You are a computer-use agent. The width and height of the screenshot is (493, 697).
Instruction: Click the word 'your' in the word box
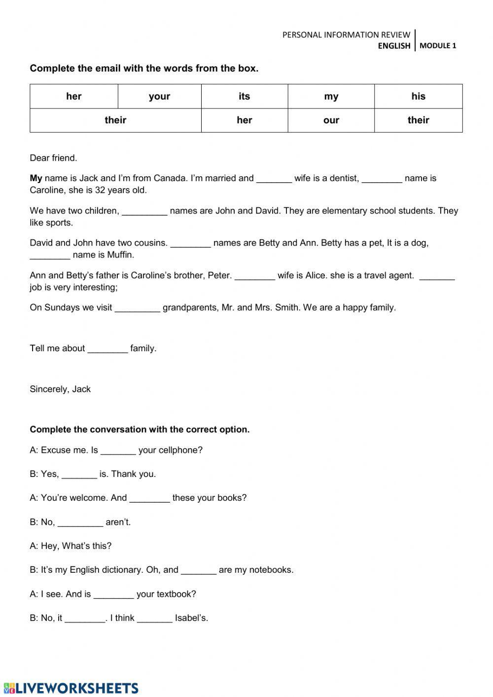159,96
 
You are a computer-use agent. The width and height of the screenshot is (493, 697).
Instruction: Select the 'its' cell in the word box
245,96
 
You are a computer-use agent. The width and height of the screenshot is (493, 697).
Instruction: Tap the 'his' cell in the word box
418,96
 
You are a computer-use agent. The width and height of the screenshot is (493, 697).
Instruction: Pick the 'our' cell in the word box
331,120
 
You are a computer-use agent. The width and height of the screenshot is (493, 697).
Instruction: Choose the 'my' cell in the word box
331,96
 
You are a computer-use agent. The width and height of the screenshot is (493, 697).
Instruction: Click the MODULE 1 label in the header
438,46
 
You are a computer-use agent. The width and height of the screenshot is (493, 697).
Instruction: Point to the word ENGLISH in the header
394,46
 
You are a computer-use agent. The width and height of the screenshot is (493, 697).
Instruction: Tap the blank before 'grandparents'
138,309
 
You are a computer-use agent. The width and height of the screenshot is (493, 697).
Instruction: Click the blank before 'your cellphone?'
118,451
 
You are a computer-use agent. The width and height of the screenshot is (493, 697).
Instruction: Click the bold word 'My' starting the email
36,179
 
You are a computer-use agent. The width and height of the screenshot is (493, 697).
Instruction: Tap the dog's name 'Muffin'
120,255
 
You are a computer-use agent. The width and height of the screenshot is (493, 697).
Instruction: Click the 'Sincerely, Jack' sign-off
60,389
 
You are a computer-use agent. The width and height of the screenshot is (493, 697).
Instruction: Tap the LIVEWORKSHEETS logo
71,688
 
